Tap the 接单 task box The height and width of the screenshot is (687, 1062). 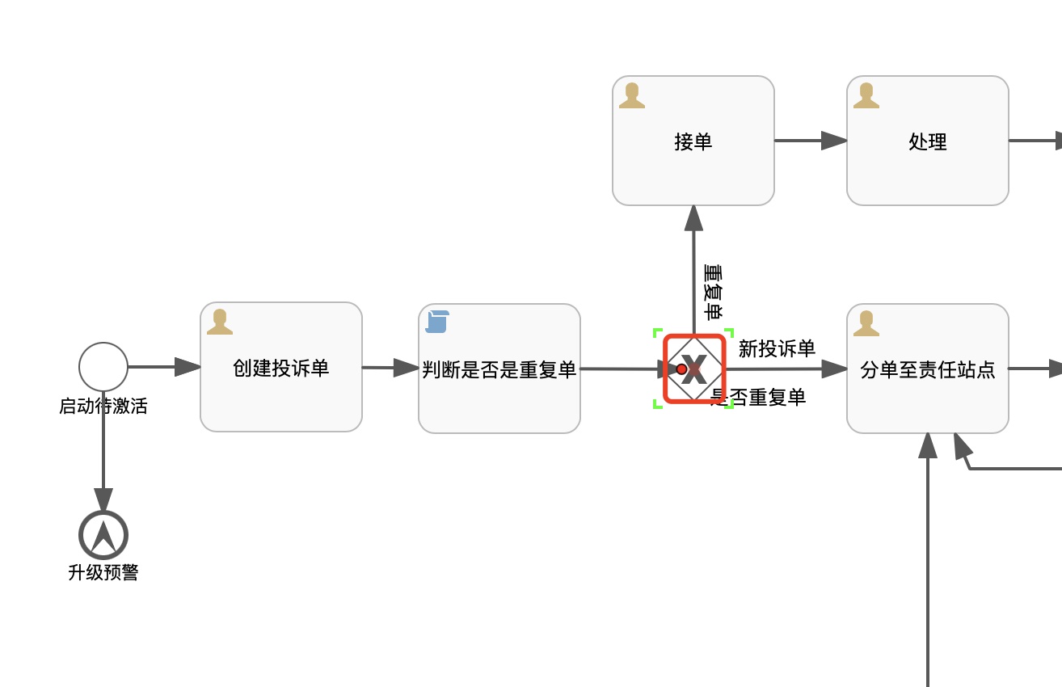pos(693,162)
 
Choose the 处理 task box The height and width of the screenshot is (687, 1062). pos(927,162)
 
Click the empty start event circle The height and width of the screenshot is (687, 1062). pos(103,367)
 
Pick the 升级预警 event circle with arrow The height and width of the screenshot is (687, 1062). pos(103,535)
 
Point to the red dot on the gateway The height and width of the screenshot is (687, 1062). pos(681,369)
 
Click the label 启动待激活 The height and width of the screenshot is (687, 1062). pos(103,406)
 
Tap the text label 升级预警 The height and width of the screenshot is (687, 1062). pos(103,573)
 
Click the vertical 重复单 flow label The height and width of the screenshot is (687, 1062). pos(714,292)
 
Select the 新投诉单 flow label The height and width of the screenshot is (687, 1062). pos(777,349)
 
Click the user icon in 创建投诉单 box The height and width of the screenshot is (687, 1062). pos(220,322)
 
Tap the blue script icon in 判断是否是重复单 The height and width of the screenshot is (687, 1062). pos(437,322)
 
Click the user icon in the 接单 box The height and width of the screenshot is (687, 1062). pos(632,95)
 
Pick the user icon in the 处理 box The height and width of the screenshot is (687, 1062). pos(866,95)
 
